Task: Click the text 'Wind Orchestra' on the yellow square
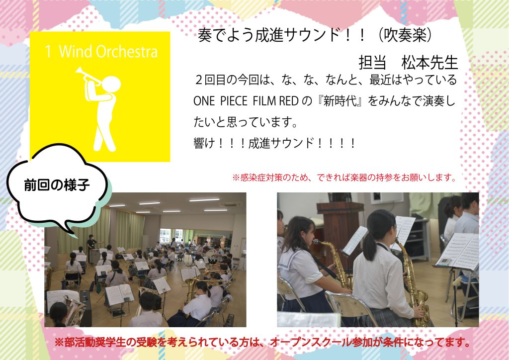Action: (x=108, y=52)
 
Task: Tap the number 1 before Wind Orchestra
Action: (x=48, y=52)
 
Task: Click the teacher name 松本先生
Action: (x=429, y=63)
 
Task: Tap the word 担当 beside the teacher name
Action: (x=372, y=63)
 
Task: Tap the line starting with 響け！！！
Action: (x=274, y=143)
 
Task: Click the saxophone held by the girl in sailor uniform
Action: (x=335, y=263)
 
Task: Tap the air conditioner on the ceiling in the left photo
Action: (x=230, y=204)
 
